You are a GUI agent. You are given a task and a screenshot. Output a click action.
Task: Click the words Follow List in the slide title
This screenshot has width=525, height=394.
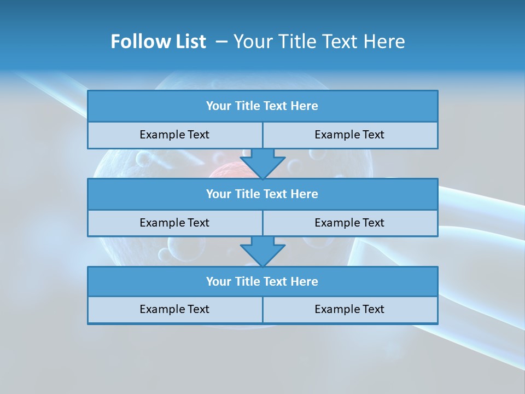pos(158,42)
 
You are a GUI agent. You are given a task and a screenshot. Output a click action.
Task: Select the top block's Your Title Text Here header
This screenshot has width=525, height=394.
pos(262,106)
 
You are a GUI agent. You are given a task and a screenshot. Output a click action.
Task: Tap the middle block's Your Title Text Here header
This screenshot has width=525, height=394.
pos(262,194)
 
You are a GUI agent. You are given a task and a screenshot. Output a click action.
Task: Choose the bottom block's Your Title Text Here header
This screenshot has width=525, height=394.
pos(262,281)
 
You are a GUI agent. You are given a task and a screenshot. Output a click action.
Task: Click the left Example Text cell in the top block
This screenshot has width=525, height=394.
pos(174,135)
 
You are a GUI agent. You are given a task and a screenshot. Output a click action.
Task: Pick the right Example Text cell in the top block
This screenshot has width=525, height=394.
pos(349,135)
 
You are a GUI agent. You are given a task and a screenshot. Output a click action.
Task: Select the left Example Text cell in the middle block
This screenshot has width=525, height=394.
pos(174,223)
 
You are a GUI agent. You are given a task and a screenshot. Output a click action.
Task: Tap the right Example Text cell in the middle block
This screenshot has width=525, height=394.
pos(349,223)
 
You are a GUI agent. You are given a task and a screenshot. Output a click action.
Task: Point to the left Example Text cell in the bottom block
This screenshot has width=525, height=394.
pos(174,309)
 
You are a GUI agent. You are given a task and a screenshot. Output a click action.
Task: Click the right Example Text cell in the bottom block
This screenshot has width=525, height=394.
pos(349,309)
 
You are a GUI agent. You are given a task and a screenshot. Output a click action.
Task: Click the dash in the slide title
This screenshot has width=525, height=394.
pos(222,42)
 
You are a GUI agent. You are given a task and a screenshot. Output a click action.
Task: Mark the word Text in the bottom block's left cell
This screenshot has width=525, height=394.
pos(197,309)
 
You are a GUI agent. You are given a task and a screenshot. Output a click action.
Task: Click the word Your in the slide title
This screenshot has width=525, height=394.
pos(250,42)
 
